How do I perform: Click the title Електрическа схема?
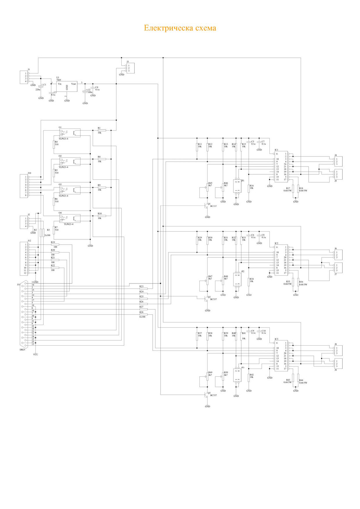(x=180, y=28)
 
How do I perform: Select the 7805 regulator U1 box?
(x=67, y=86)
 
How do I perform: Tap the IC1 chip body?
(x=281, y=167)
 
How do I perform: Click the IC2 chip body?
(x=281, y=260)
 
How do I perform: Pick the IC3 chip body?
(x=281, y=356)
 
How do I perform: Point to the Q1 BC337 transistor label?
(x=212, y=205)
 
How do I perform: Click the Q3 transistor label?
(x=209, y=393)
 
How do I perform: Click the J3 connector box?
(x=131, y=68)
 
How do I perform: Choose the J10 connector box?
(x=24, y=186)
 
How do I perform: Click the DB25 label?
(x=22, y=350)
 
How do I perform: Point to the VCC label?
(x=35, y=355)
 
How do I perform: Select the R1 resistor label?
(x=99, y=128)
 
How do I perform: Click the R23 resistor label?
(x=141, y=286)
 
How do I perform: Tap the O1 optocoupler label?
(x=60, y=127)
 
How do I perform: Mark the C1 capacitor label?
(x=44, y=84)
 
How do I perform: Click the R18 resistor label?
(x=301, y=188)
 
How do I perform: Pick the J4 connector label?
(x=336, y=155)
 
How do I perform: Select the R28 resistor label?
(x=141, y=312)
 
